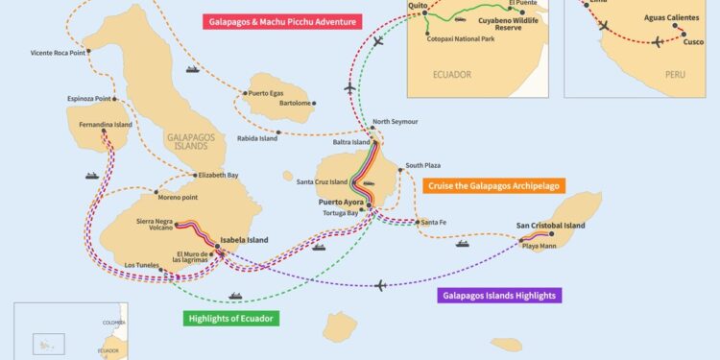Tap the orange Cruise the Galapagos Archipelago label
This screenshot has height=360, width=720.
tap(497, 185)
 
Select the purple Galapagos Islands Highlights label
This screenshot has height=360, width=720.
tap(498, 296)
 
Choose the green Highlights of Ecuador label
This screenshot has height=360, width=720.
tap(231, 318)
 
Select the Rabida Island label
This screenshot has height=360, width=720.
tap(256, 138)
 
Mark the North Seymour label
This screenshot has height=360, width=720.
tap(396, 122)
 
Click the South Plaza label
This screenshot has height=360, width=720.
tap(423, 165)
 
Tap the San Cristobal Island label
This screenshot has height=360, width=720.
tap(550, 226)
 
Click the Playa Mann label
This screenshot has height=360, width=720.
tap(540, 247)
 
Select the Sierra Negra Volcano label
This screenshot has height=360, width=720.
tap(154, 225)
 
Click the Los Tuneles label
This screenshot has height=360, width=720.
tap(143, 266)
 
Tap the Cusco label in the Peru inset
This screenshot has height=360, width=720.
tap(692, 42)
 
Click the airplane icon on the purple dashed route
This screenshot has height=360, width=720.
tap(382, 285)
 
